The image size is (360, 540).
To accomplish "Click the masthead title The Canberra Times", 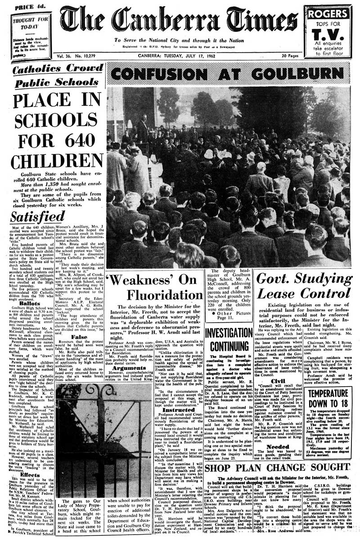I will pos(179,20).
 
